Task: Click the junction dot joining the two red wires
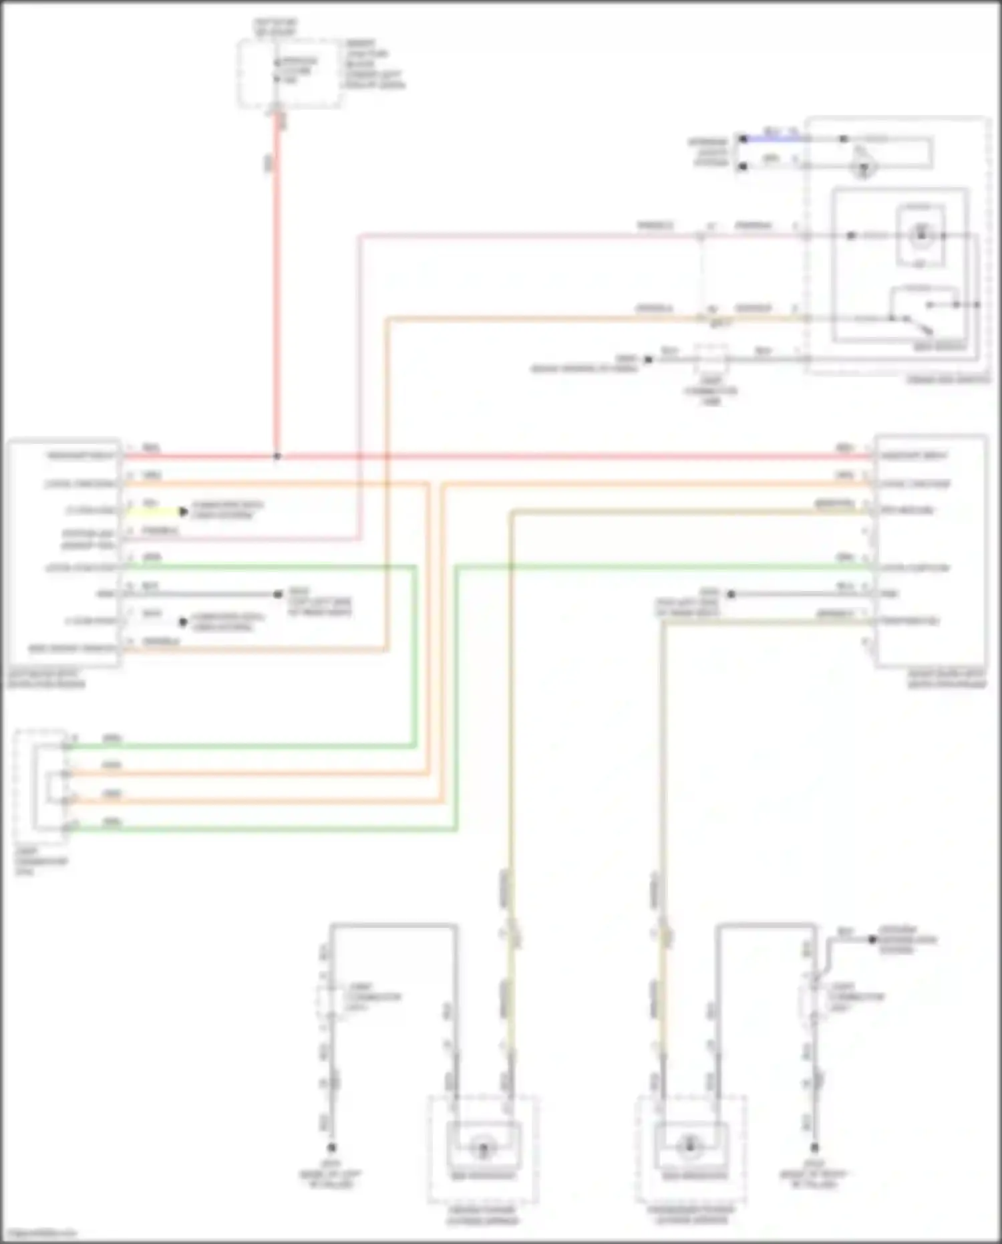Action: pos(277,457)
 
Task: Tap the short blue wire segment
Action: pos(775,138)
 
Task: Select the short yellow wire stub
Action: pos(152,512)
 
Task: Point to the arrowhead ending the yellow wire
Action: pos(184,512)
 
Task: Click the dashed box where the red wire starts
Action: pos(289,72)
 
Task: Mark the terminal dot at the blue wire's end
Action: pos(743,138)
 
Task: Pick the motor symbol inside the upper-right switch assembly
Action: pos(921,236)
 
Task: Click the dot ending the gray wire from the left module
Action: pos(279,594)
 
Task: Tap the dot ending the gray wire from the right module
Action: pos(731,594)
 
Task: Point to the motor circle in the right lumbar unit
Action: pos(689,1147)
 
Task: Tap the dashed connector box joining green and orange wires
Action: pos(41,787)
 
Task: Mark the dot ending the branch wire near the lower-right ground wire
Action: pos(872,939)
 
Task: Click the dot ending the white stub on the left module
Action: pos(183,622)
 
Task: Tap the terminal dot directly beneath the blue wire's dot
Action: pos(743,166)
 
